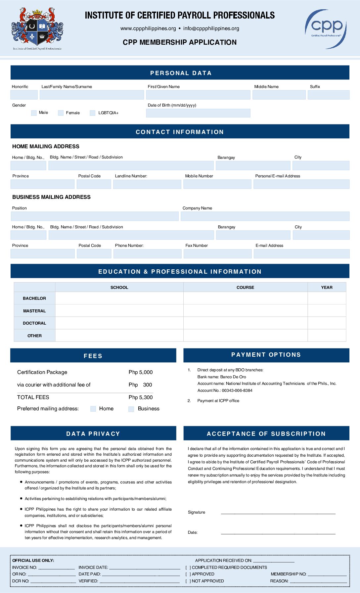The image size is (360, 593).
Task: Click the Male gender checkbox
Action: [x=34, y=113]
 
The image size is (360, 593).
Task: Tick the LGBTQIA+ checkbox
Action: [x=93, y=113]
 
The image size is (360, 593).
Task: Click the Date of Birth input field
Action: [x=198, y=113]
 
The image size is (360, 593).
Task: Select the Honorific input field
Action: [x=24, y=95]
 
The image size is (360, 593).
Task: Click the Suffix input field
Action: [x=328, y=95]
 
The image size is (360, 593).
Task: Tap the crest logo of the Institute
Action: [x=37, y=28]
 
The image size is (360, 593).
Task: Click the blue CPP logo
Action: [x=326, y=28]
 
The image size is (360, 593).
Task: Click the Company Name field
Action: [x=265, y=216]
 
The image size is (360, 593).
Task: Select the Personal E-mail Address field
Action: [x=301, y=184]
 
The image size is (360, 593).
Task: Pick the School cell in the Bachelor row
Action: [x=119, y=298]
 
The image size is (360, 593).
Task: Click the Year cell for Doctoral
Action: [x=327, y=323]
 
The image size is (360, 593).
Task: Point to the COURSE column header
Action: [x=245, y=287]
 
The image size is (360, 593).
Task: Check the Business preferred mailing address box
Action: [x=131, y=409]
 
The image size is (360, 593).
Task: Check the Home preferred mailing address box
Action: [x=93, y=409]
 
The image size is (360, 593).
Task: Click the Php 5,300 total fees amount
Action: [x=141, y=397]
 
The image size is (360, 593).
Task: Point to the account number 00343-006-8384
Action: [x=237, y=390]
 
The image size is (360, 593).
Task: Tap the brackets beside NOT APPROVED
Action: [x=188, y=581]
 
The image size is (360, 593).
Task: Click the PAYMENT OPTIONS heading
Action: [x=266, y=355]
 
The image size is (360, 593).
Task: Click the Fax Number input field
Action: [x=217, y=254]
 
